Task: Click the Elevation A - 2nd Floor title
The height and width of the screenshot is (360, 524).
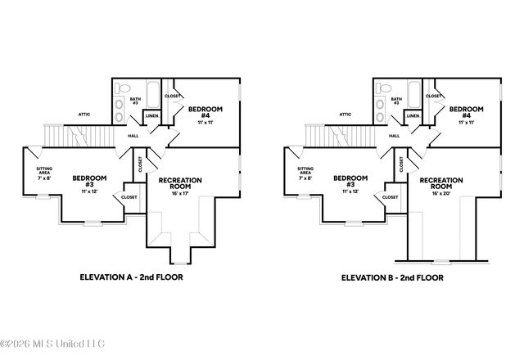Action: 130,277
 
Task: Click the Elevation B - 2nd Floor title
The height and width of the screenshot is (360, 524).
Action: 392,277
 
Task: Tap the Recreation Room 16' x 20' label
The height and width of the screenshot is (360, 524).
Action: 441,187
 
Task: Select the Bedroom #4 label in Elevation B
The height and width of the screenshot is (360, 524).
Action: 466,113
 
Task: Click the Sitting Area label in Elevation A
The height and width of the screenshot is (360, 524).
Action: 44,173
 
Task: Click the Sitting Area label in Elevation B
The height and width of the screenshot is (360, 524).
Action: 305,173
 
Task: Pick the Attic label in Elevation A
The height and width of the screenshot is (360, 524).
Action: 83,115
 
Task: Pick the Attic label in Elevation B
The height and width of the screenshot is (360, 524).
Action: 345,115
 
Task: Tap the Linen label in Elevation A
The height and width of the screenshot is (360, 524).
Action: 152,116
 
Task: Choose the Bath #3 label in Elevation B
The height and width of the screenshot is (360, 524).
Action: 395,100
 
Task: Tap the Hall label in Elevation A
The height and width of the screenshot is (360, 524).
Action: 133,136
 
